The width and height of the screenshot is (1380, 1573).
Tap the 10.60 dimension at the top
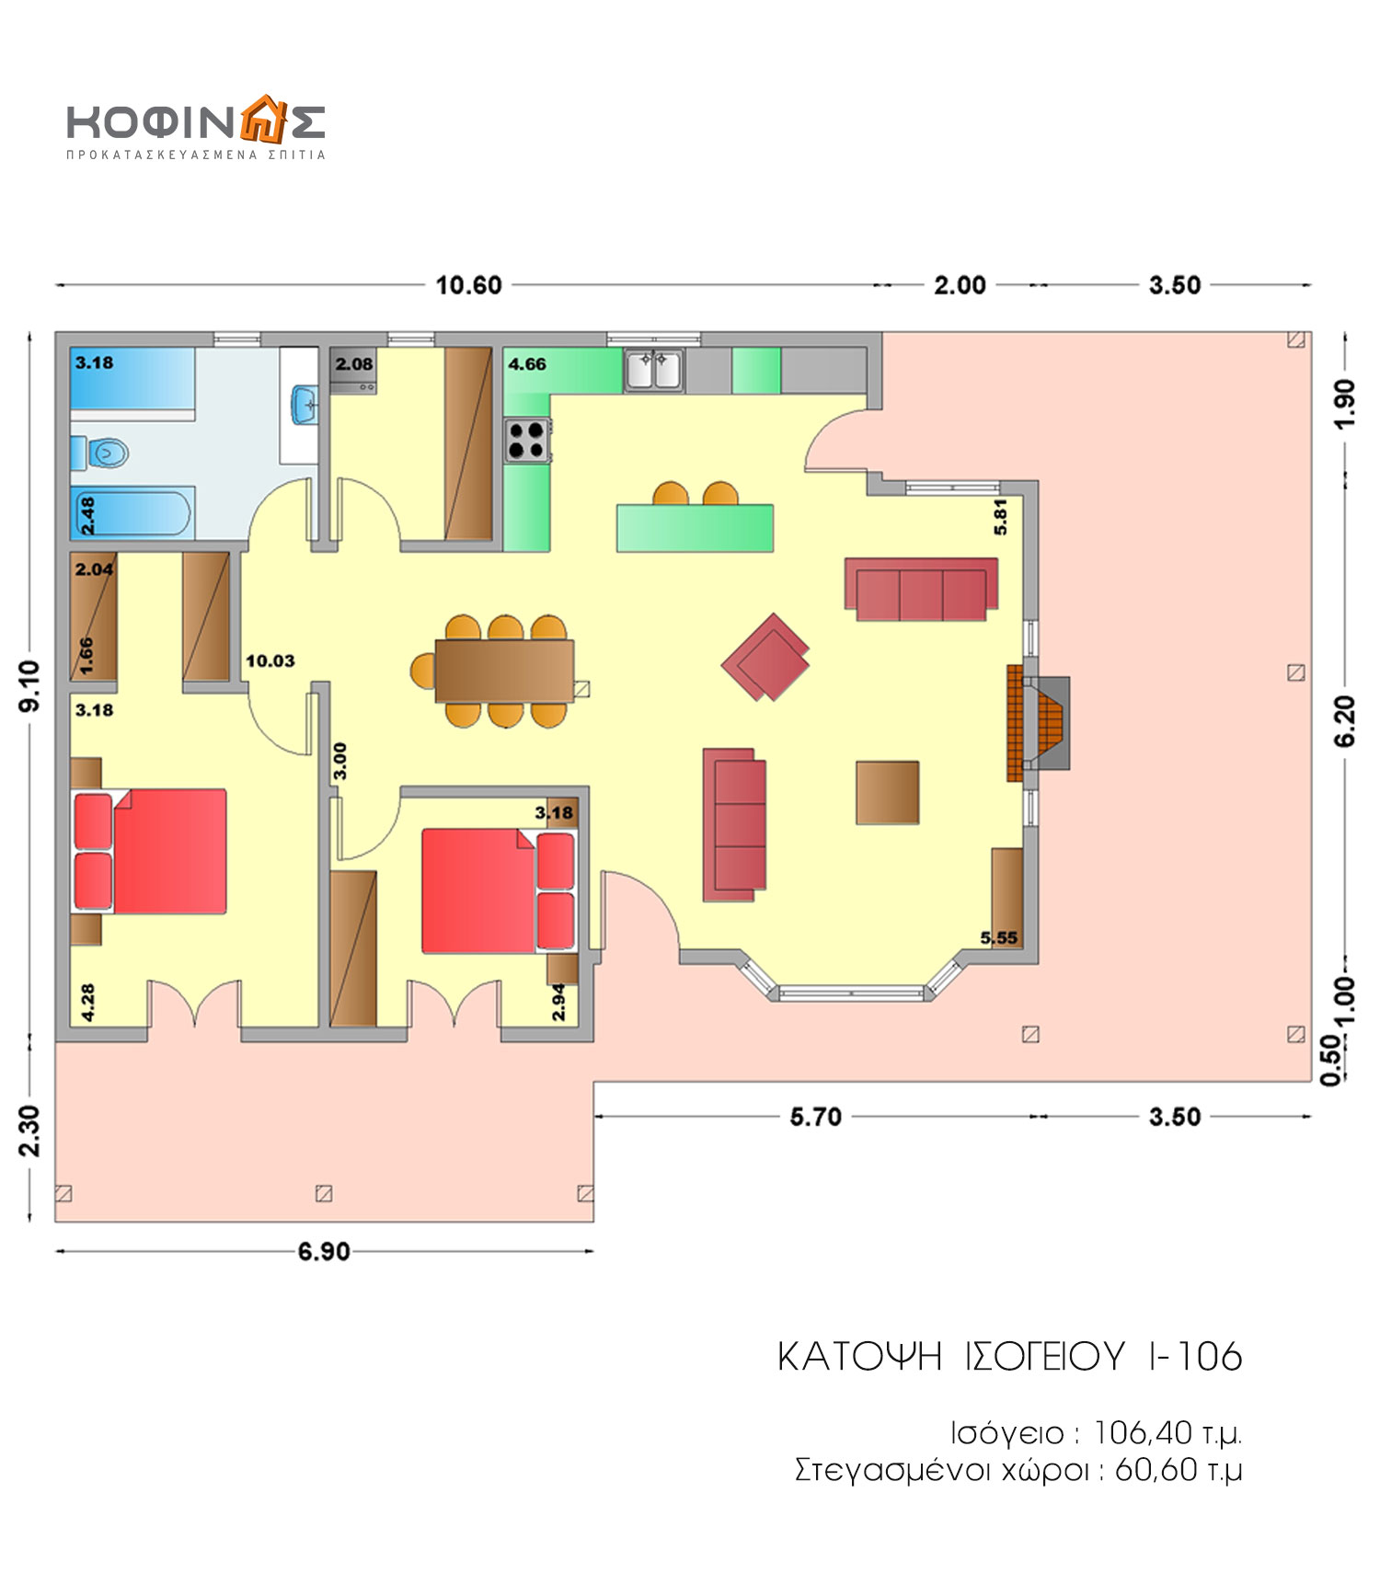468,285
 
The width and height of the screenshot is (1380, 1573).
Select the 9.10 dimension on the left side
29,685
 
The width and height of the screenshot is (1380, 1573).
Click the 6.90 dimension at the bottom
324,1252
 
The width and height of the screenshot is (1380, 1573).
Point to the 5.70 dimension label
815,1117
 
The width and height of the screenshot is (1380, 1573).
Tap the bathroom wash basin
305,405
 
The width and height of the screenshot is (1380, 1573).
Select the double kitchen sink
653,370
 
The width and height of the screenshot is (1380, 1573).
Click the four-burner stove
526,439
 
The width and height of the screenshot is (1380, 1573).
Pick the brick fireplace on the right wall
1038,723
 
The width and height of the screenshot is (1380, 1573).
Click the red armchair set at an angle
765,657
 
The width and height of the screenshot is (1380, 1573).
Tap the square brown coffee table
888,792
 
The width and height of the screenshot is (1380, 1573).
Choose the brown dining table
505,671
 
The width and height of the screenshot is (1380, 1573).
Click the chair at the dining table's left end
423,671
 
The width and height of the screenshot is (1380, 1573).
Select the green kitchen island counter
695,528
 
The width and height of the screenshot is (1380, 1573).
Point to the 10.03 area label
270,660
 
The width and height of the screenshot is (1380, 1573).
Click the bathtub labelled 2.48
132,514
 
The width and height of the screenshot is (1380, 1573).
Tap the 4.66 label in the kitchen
527,364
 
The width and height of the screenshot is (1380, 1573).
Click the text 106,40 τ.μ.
1167,1433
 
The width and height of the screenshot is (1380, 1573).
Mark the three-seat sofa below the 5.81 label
921,589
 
